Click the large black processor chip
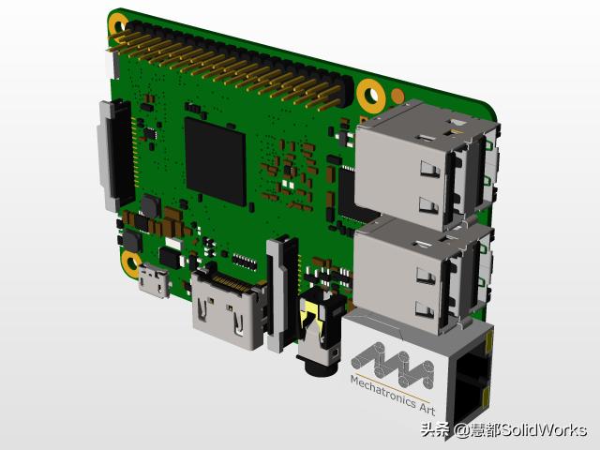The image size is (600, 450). [215, 160]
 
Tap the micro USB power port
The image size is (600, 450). [150, 279]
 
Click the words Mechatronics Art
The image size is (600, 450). [391, 393]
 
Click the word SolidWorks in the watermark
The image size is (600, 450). [543, 430]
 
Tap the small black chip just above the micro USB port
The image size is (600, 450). [170, 255]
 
